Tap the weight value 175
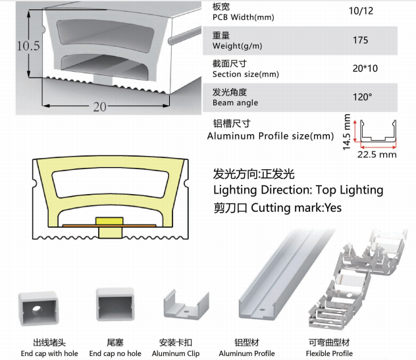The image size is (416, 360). pos(360,40)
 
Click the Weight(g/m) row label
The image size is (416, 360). pos(235,45)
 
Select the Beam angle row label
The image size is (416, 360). pos(235,103)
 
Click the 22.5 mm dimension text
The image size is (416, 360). pos(377,155)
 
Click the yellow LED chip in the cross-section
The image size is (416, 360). pos(105,223)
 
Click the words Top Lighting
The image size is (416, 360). pos(349,190)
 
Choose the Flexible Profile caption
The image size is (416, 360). pos(328,353)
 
